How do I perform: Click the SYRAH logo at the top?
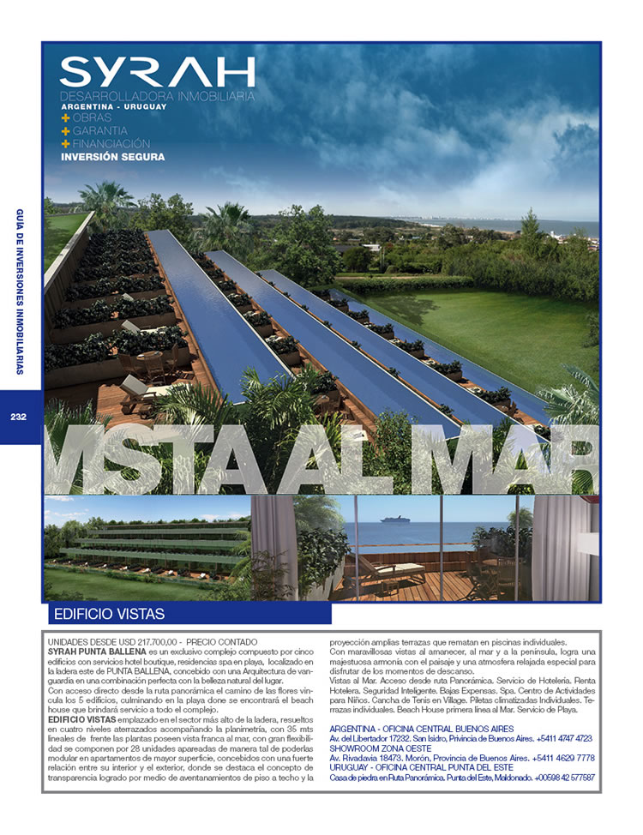[x=158, y=71]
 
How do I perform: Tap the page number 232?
[x=20, y=417]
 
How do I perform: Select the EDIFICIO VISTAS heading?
[x=109, y=614]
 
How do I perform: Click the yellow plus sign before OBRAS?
[x=65, y=117]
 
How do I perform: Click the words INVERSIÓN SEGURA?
[x=112, y=157]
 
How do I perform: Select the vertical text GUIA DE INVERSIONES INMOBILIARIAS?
[x=20, y=291]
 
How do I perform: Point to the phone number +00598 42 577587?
[x=564, y=778]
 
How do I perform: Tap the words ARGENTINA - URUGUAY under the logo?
[x=113, y=106]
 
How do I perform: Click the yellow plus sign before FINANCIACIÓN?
[x=65, y=143]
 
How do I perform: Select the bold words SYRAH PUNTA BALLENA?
[x=97, y=652]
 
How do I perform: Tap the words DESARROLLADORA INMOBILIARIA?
[x=158, y=96]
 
